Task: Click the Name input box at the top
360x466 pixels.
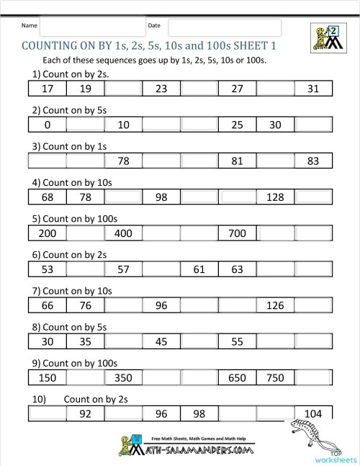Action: click(91, 27)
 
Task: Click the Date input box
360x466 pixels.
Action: click(224, 27)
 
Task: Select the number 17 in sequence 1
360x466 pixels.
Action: click(48, 89)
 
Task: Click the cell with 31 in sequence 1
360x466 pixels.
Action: click(312, 89)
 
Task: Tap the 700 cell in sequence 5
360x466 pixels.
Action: click(236, 233)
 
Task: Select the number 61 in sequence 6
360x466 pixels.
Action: click(199, 269)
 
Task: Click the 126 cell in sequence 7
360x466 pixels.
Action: click(274, 305)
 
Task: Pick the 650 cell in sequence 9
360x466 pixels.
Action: click(236, 377)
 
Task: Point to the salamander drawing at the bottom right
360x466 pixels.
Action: click(311, 435)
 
